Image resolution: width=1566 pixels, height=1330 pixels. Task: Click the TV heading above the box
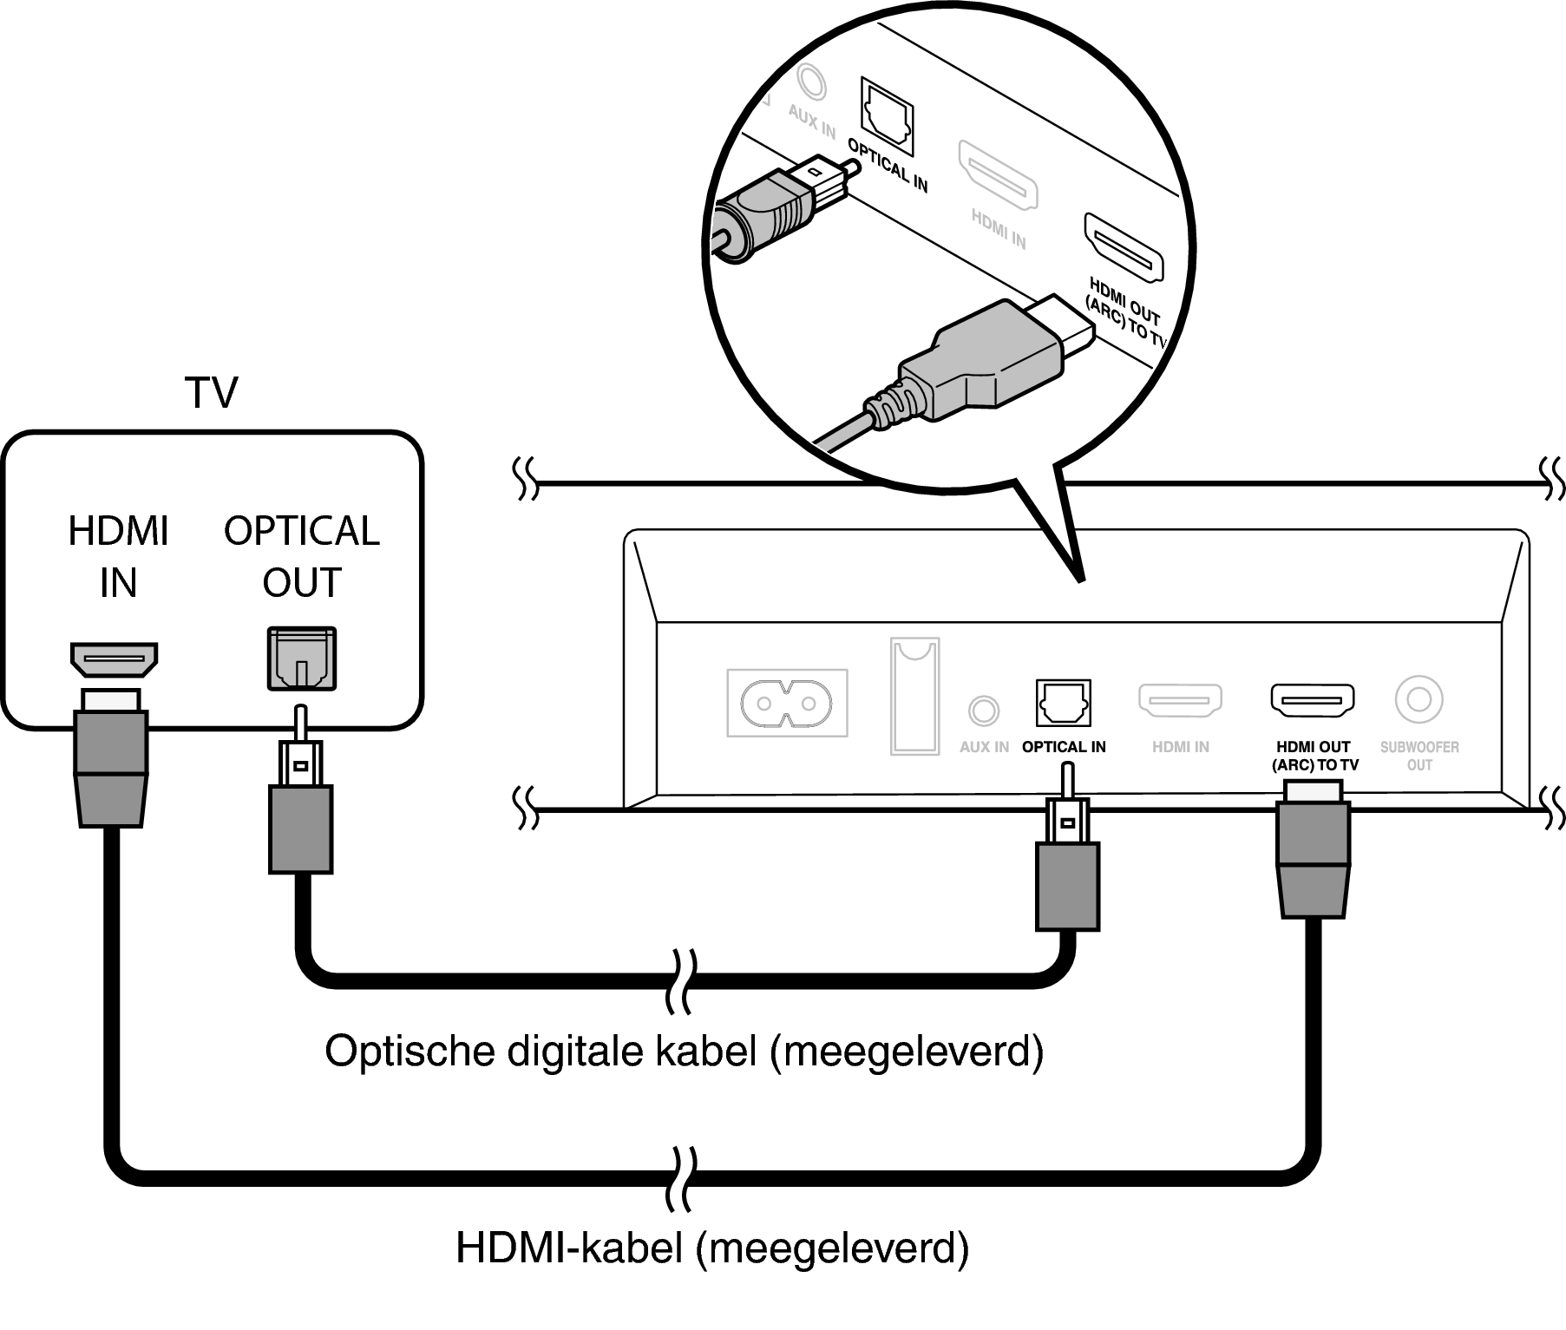211,393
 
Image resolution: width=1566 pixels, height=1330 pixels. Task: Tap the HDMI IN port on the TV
114,660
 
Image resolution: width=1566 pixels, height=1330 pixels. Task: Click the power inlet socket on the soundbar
787,703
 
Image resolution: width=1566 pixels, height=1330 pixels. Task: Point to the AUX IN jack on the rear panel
982,711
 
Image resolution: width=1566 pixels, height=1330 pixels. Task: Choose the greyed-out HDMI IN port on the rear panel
1180,701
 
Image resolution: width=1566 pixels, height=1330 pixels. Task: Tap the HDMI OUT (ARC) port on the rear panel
1313,700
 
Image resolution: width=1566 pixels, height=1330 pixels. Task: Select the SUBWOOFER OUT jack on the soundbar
1419,699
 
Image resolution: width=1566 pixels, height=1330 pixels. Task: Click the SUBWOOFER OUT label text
1419,756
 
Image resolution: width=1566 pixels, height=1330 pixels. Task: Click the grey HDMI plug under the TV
111,768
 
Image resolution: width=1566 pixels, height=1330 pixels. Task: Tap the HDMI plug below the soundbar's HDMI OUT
1313,859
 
